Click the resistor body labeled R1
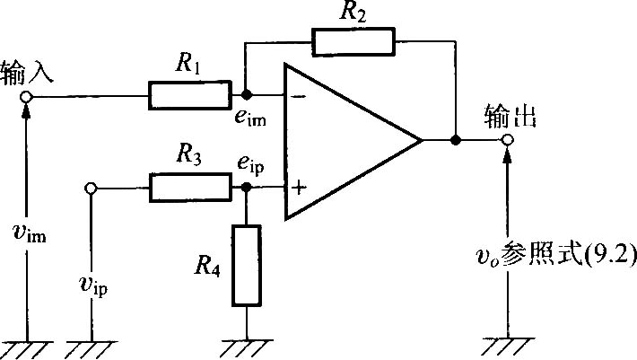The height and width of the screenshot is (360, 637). pyautogui.click(x=190, y=95)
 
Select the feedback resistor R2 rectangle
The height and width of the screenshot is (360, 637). pyautogui.click(x=353, y=41)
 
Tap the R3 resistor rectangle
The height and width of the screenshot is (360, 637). pyautogui.click(x=190, y=188)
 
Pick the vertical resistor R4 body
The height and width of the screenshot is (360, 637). pyautogui.click(x=247, y=266)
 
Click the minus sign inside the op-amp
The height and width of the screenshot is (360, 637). pyautogui.click(x=300, y=97)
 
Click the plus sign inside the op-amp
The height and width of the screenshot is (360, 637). pyautogui.click(x=299, y=188)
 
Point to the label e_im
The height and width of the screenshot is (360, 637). pyautogui.click(x=250, y=118)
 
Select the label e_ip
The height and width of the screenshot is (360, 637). pyautogui.click(x=250, y=164)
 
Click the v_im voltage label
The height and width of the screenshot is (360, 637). pyautogui.click(x=30, y=233)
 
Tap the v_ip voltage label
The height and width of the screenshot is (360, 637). pyautogui.click(x=93, y=285)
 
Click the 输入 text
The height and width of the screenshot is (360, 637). pyautogui.click(x=27, y=73)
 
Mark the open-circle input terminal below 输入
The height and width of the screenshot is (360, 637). pyautogui.click(x=26, y=97)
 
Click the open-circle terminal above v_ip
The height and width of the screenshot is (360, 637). pyautogui.click(x=91, y=189)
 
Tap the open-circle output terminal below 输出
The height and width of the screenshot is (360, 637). pyautogui.click(x=507, y=140)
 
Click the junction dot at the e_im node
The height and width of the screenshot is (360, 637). pyautogui.click(x=246, y=95)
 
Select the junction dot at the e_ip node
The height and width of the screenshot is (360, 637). pyautogui.click(x=246, y=187)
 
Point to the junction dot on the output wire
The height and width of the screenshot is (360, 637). pyautogui.click(x=456, y=140)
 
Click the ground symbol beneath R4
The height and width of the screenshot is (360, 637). pyautogui.click(x=247, y=348)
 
